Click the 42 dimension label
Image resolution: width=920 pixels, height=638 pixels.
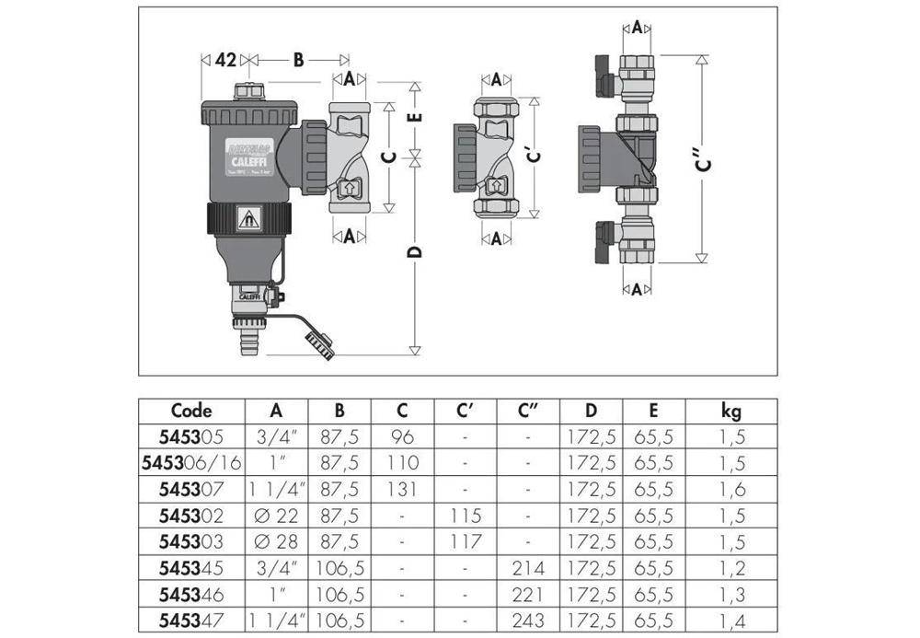224,60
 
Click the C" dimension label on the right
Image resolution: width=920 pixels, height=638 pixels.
704,159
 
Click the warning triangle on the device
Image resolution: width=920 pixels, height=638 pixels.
247,219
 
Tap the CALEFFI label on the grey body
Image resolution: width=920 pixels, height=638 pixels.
246,157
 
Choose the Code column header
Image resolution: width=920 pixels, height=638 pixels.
191,411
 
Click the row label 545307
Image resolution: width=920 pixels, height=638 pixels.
191,488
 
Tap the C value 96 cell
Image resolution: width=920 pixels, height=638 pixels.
402,436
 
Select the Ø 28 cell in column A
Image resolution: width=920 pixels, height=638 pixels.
277,539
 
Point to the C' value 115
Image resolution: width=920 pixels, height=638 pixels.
466,514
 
